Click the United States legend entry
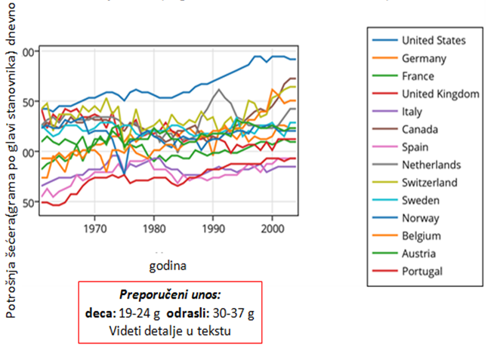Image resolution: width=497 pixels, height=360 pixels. coord(434,41)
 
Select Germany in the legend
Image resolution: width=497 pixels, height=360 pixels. coord(424,58)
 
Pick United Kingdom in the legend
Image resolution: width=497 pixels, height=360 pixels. coord(440,94)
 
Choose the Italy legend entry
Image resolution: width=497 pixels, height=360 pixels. coord(412,112)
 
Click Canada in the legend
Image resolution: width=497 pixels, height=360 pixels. coord(421,129)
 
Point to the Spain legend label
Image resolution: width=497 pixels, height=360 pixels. coord(416,147)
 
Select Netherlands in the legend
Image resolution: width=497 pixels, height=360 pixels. coord(432,165)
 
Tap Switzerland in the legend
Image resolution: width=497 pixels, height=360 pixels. coord(430,183)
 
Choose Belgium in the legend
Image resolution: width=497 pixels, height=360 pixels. coord(422,235)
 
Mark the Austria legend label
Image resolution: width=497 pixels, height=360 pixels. coord(420,254)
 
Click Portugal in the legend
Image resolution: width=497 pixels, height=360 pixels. coord(422,271)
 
